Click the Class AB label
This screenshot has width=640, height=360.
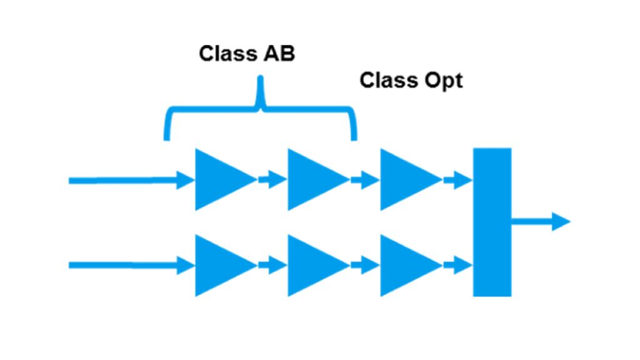(x=247, y=54)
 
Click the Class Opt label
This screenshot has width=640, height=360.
(x=411, y=81)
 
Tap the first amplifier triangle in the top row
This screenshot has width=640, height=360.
(x=219, y=179)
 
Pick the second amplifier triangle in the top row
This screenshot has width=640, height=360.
(x=311, y=179)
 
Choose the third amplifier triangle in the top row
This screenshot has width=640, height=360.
(x=404, y=179)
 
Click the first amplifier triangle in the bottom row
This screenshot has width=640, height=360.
(x=219, y=265)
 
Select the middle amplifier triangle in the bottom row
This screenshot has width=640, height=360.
(x=311, y=265)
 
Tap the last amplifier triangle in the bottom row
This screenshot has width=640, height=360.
(x=404, y=265)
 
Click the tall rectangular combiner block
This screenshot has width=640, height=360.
(x=492, y=222)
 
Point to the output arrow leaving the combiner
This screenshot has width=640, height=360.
(x=541, y=221)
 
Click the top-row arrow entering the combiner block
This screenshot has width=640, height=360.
(x=457, y=181)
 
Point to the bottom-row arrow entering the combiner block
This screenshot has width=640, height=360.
(x=457, y=266)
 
